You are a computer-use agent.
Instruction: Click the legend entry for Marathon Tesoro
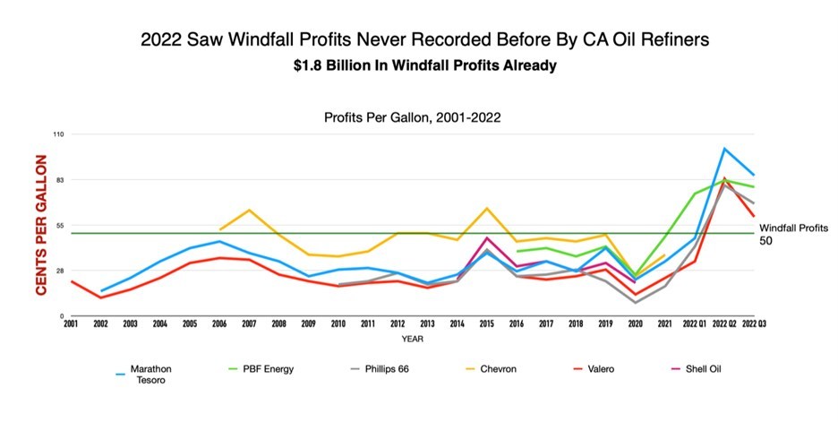click(146, 374)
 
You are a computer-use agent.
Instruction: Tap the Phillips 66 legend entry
click(388, 368)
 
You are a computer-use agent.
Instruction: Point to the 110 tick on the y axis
click(59, 133)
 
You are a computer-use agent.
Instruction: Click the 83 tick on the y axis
click(60, 180)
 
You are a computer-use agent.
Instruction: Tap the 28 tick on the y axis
click(60, 271)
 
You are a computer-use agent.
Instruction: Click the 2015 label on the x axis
click(485, 323)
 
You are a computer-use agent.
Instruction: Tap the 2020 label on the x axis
click(634, 323)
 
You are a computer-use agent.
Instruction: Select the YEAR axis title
click(412, 339)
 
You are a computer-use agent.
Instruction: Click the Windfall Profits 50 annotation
click(793, 234)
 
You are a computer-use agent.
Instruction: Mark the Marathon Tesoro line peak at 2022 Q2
click(723, 149)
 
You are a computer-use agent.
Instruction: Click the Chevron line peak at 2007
click(249, 210)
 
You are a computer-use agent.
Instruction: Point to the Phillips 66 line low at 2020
click(634, 303)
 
